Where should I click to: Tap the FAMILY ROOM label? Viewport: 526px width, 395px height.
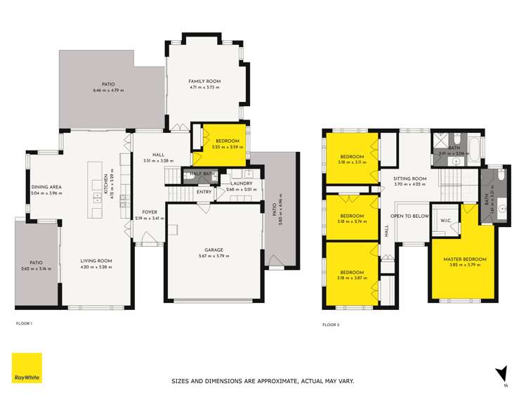(x=204, y=82)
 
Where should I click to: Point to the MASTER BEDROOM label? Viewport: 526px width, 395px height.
(x=464, y=259)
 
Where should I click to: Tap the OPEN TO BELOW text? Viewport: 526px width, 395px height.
(x=409, y=216)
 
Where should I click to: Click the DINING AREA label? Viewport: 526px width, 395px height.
(x=46, y=187)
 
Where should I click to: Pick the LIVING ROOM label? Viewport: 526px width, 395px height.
(x=96, y=260)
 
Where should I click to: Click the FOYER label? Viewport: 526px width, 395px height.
(x=150, y=212)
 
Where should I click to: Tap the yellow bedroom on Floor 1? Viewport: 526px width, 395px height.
(x=223, y=144)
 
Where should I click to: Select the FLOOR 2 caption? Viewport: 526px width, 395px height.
(x=331, y=324)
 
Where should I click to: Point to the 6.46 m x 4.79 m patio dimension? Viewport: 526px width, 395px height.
(x=108, y=91)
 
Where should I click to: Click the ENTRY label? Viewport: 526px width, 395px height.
(x=204, y=192)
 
